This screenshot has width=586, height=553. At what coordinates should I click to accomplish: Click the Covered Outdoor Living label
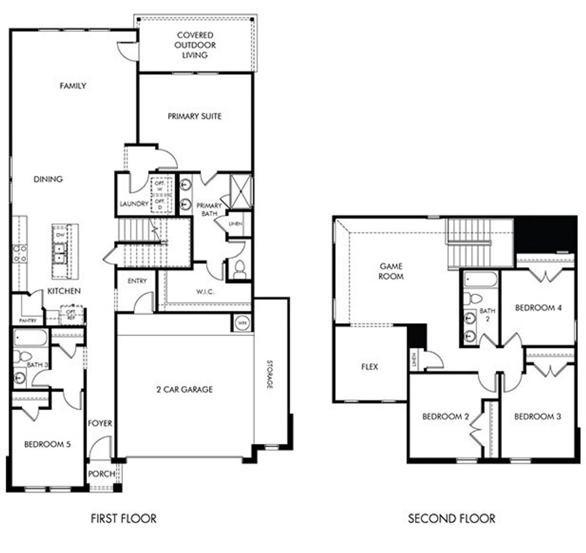(195, 45)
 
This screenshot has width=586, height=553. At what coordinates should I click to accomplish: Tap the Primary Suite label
(195, 116)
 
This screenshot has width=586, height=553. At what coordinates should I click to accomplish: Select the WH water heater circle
(242, 323)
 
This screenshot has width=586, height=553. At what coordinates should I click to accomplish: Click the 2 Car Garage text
(184, 389)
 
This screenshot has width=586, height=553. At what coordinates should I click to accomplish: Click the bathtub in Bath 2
(480, 280)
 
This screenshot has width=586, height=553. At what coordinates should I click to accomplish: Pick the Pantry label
(27, 321)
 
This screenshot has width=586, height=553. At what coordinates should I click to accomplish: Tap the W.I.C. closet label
(205, 292)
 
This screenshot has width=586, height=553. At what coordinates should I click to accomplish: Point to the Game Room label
(391, 271)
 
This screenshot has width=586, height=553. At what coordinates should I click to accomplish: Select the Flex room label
(369, 367)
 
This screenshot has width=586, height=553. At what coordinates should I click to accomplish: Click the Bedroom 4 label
(538, 308)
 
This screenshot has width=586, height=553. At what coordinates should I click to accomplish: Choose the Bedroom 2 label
(445, 416)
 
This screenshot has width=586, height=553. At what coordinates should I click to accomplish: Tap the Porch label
(102, 474)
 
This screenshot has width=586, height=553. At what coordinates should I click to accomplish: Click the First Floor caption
(124, 519)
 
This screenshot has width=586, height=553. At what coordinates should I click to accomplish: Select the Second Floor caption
(451, 519)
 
